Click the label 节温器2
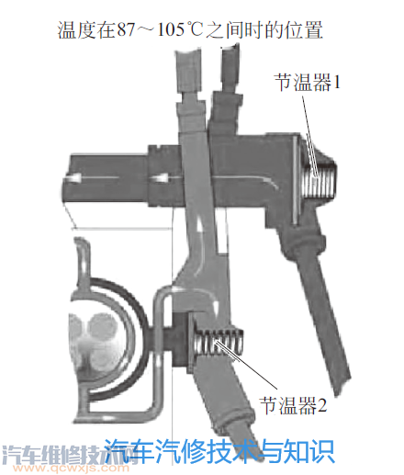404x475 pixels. [293, 405]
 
